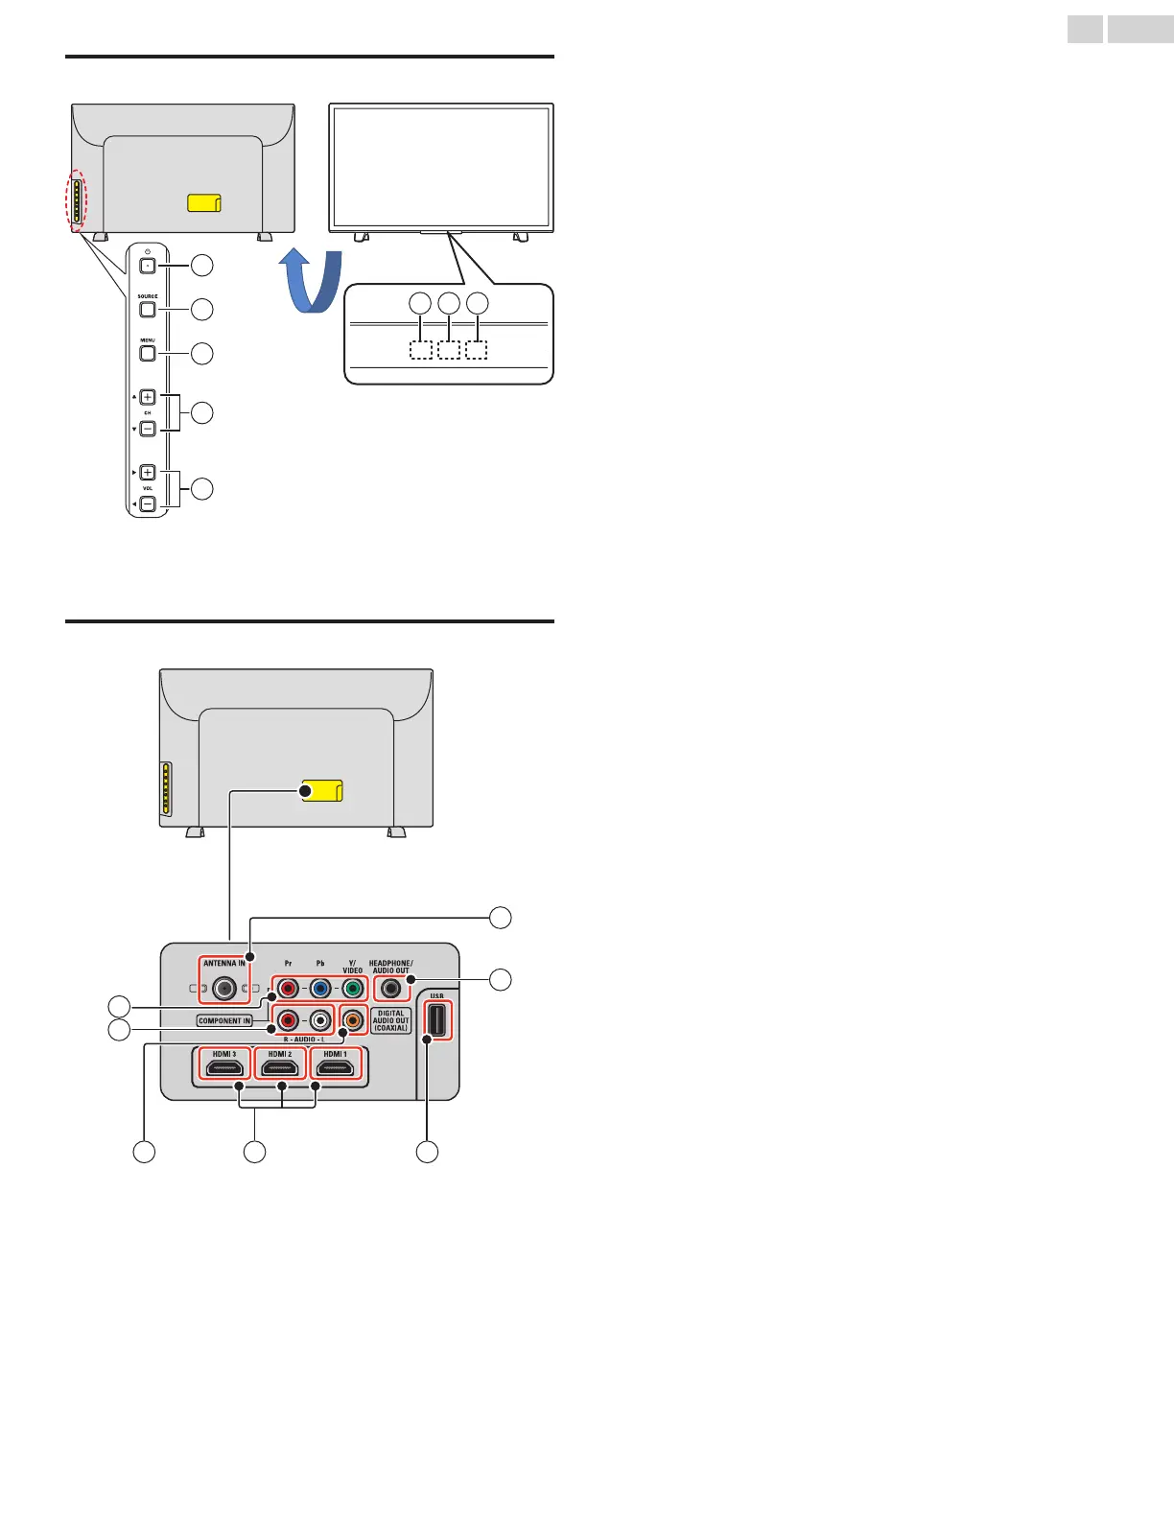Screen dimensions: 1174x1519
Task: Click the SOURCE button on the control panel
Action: click(148, 310)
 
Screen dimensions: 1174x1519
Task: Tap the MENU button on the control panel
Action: click(148, 354)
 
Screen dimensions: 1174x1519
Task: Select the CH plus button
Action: click(148, 397)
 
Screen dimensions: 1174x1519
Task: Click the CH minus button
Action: click(148, 429)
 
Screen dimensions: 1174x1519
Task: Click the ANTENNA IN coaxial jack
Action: click(224, 987)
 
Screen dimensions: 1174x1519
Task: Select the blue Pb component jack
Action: click(320, 988)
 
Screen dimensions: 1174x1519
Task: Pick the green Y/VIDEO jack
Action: click(353, 988)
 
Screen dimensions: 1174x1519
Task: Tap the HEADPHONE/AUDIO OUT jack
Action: click(390, 988)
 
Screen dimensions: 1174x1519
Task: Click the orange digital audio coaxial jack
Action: click(353, 1020)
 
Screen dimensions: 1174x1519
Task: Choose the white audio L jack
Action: click(320, 1020)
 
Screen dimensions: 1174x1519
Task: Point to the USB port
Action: click(437, 1020)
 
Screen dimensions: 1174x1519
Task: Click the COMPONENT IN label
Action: click(224, 1020)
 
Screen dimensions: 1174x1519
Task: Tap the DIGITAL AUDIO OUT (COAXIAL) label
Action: click(391, 1020)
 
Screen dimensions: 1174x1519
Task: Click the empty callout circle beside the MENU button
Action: click(201, 354)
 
